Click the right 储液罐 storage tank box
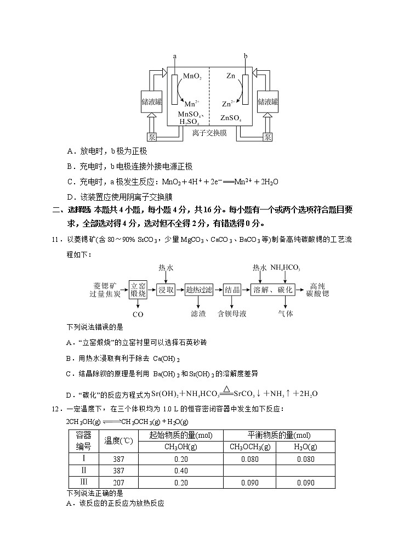tap(268, 102)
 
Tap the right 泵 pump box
tap(268, 137)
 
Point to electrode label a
tap(174, 56)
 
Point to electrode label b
tap(245, 56)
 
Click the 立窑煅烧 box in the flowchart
tap(138, 290)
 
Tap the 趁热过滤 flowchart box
tap(199, 290)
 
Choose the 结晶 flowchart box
tap(232, 290)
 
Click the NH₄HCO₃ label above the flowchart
tap(285, 268)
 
